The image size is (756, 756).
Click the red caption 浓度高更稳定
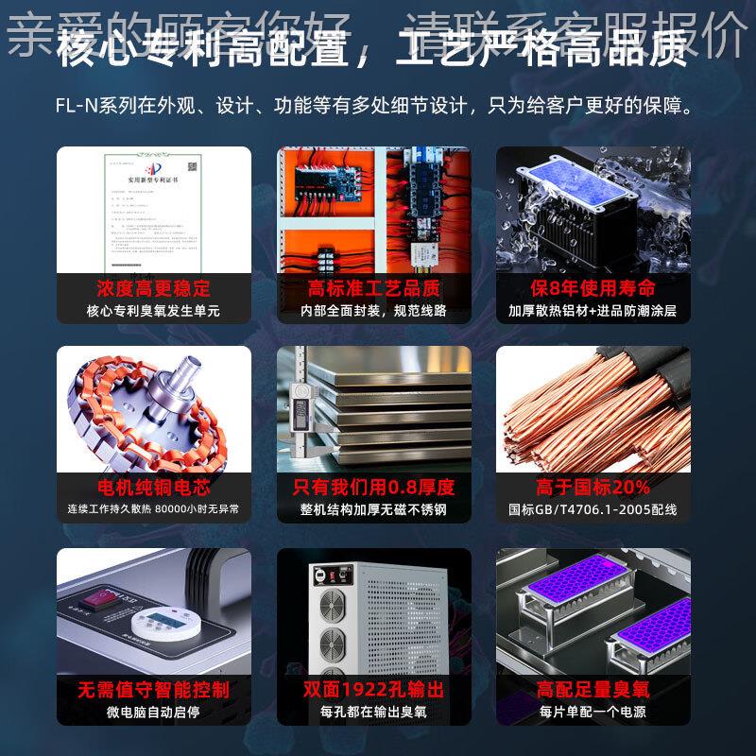click(154, 287)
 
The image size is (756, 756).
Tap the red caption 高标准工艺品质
click(374, 287)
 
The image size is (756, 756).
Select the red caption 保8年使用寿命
click(593, 287)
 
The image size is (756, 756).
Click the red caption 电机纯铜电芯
click(154, 488)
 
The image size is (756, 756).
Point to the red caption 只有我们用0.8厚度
click(374, 488)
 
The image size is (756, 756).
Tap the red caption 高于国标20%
click(593, 488)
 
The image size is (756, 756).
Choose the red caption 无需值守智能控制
click(154, 690)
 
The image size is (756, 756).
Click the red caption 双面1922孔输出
click(374, 690)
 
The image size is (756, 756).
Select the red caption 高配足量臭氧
click(593, 690)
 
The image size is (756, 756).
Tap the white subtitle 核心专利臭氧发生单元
click(154, 311)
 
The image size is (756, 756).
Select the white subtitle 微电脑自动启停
click(154, 713)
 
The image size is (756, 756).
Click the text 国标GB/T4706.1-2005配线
click(593, 510)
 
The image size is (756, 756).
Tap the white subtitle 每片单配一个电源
click(593, 713)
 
